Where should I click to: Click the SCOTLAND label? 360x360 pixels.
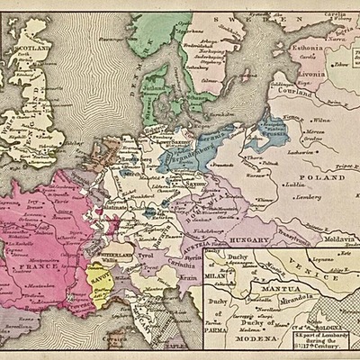coord(35,52)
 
